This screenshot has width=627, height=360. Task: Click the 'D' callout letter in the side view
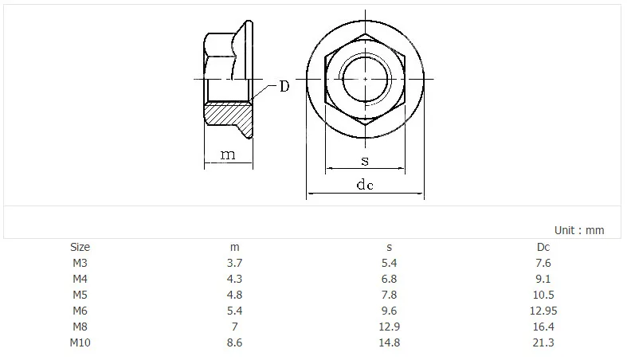pyautogui.click(x=284, y=86)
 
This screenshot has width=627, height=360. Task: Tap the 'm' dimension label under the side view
pyautogui.click(x=228, y=155)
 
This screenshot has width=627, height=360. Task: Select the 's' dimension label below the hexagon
pyautogui.click(x=365, y=161)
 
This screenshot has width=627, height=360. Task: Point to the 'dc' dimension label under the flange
pyautogui.click(x=365, y=184)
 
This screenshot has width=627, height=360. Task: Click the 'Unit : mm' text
pyautogui.click(x=579, y=230)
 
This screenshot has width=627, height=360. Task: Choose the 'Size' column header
pyautogui.click(x=80, y=247)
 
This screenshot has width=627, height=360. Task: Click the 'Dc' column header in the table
pyautogui.click(x=543, y=247)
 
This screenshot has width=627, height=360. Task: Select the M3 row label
pyautogui.click(x=80, y=263)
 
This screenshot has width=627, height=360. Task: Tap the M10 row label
pyautogui.click(x=80, y=342)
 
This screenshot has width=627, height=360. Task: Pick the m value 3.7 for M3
pyautogui.click(x=234, y=263)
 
